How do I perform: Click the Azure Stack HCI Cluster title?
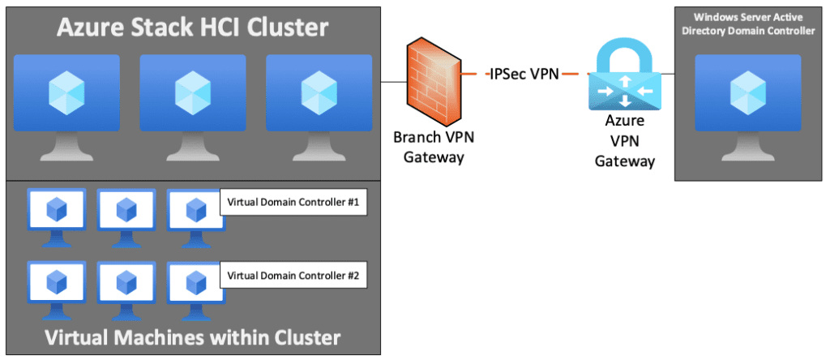click(x=191, y=29)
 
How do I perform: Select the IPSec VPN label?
click(x=523, y=75)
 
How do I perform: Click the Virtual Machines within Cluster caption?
click(x=191, y=336)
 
